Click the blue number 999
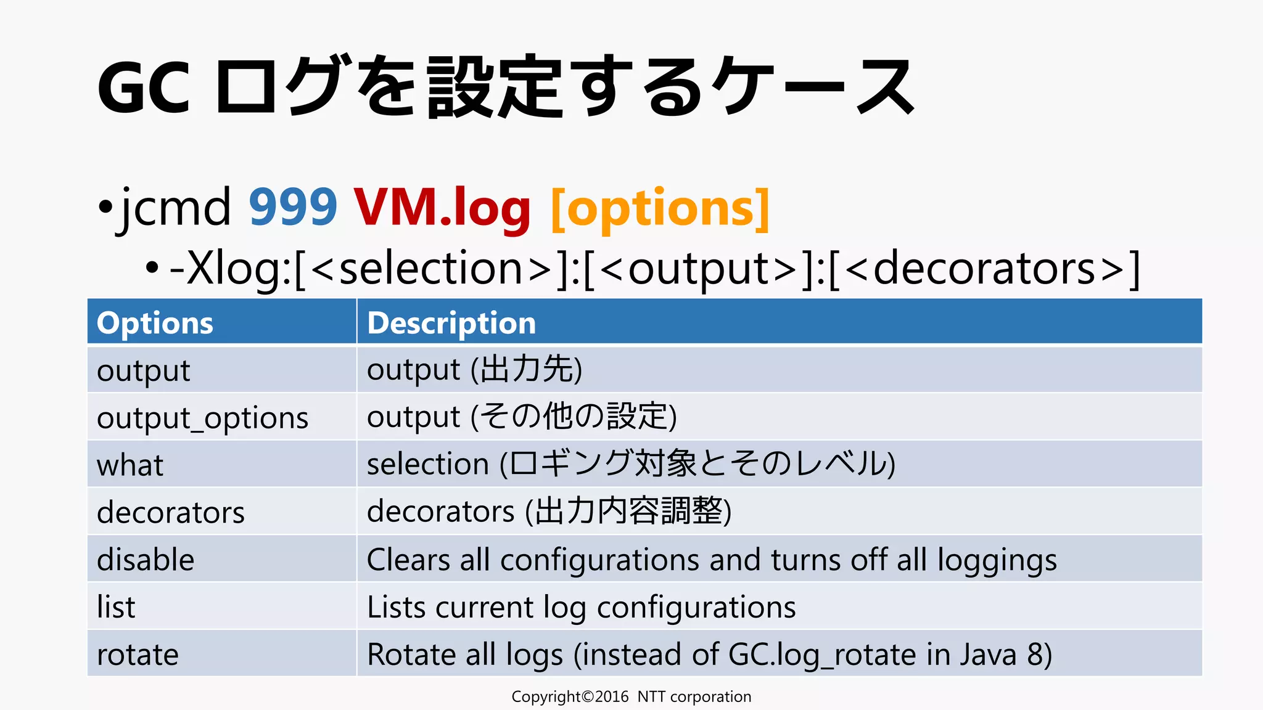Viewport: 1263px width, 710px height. coord(293,208)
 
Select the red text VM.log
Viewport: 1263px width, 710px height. coord(442,208)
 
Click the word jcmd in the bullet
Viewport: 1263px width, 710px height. coord(176,208)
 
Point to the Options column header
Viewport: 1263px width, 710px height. coord(155,323)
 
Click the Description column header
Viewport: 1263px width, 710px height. coord(451,323)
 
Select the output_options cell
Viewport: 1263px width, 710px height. coord(202,418)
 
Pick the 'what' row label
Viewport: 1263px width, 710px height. coord(130,465)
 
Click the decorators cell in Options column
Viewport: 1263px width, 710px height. coord(171,513)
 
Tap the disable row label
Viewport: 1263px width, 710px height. coord(146,560)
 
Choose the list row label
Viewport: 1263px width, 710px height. coord(116,607)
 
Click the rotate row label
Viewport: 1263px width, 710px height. coord(138,655)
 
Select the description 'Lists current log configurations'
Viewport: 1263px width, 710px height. coord(581,607)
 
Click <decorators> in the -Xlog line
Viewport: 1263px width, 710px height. coord(984,269)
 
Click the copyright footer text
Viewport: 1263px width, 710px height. coord(631,696)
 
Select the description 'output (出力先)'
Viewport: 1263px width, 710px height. coord(474,370)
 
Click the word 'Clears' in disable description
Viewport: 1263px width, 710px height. coord(408,560)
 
